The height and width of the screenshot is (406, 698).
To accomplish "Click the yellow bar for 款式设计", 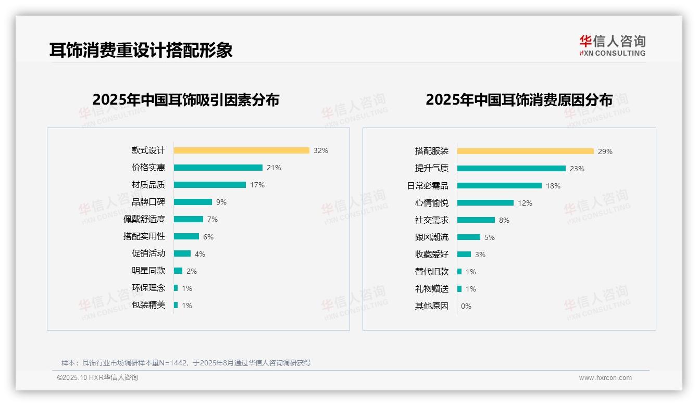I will pyautogui.click(x=241, y=150).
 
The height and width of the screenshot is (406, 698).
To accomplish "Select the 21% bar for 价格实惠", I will pyautogui.click(x=218, y=168).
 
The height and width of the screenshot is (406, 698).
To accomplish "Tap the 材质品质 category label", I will pyautogui.click(x=148, y=185).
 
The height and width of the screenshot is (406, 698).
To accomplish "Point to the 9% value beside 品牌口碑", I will pyautogui.click(x=221, y=202).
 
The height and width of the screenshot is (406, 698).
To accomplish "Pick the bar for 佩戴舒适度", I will pyautogui.click(x=188, y=219).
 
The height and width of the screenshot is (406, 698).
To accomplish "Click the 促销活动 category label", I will pyautogui.click(x=148, y=253).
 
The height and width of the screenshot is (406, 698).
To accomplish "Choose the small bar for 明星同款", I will pyautogui.click(x=178, y=271).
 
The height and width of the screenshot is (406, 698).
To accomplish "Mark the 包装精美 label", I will pyautogui.click(x=148, y=305).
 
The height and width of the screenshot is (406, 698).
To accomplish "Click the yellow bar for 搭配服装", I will pyautogui.click(x=525, y=151).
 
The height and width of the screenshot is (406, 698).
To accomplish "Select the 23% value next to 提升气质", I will pyautogui.click(x=577, y=169).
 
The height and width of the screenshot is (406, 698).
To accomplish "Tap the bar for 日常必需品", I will pyautogui.click(x=499, y=186).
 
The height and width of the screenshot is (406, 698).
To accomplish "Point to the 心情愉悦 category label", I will pyautogui.click(x=431, y=203).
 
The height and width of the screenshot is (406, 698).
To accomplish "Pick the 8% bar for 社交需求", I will pyautogui.click(x=476, y=220).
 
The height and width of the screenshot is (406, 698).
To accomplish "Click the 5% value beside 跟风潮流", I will pyautogui.click(x=489, y=237).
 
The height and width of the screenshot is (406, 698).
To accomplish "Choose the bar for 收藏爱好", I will pyautogui.click(x=464, y=255).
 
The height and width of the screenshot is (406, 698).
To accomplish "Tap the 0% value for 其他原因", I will pyautogui.click(x=466, y=306).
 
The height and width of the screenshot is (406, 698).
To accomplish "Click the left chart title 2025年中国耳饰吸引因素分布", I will pyautogui.click(x=185, y=100).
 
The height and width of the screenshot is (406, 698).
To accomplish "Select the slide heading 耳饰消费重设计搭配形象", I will pyautogui.click(x=141, y=50).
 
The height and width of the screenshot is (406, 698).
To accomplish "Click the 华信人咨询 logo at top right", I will pyautogui.click(x=612, y=45).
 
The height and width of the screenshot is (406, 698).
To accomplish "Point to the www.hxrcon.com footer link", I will pyautogui.click(x=605, y=378).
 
